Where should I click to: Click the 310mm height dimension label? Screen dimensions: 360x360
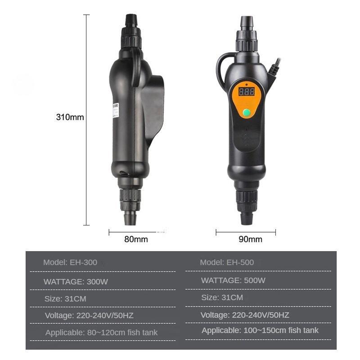tap(70, 117)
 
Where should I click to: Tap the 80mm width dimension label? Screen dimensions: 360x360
tap(135, 239)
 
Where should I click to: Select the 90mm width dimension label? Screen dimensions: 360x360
tap(250, 239)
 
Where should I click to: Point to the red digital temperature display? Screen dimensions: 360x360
tap(246, 92)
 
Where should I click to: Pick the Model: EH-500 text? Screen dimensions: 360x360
tap(227, 262)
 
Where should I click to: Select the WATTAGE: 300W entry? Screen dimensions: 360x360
tap(76, 282)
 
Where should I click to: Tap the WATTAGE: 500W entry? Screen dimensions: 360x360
tap(233, 280)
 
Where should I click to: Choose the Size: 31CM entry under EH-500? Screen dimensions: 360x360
tap(222, 297)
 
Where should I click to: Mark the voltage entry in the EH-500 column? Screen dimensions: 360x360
tap(245, 315)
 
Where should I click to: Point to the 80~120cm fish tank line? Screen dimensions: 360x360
tap(101, 333)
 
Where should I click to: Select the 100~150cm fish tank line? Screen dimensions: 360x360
tap(260, 330)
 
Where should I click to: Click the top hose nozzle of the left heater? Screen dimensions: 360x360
tap(130, 20)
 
